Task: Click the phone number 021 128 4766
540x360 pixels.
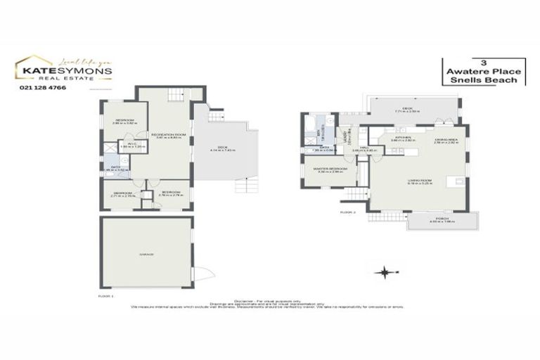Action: (38, 86)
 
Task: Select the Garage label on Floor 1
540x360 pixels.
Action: (146, 253)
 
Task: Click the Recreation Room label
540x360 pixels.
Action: (168, 134)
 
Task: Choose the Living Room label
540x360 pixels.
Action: (419, 180)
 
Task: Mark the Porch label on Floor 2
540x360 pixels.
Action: (442, 221)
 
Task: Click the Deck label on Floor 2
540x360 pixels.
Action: (407, 109)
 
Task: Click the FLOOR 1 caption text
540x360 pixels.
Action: (105, 297)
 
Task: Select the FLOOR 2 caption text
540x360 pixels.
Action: (347, 211)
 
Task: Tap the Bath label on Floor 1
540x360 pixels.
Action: (116, 168)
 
